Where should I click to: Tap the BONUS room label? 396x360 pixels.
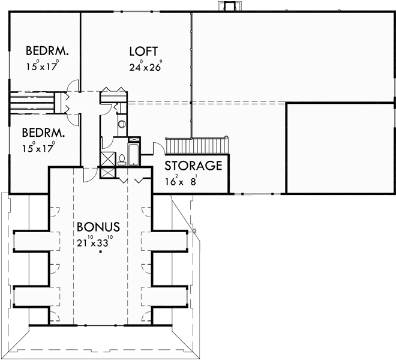[98, 227]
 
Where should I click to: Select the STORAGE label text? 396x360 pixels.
[193, 166]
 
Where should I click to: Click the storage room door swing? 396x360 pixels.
[158, 149]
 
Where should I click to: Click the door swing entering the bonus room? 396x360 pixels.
[88, 173]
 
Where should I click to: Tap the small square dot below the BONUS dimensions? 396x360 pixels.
[101, 253]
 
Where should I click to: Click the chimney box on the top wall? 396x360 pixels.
[229, 7]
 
